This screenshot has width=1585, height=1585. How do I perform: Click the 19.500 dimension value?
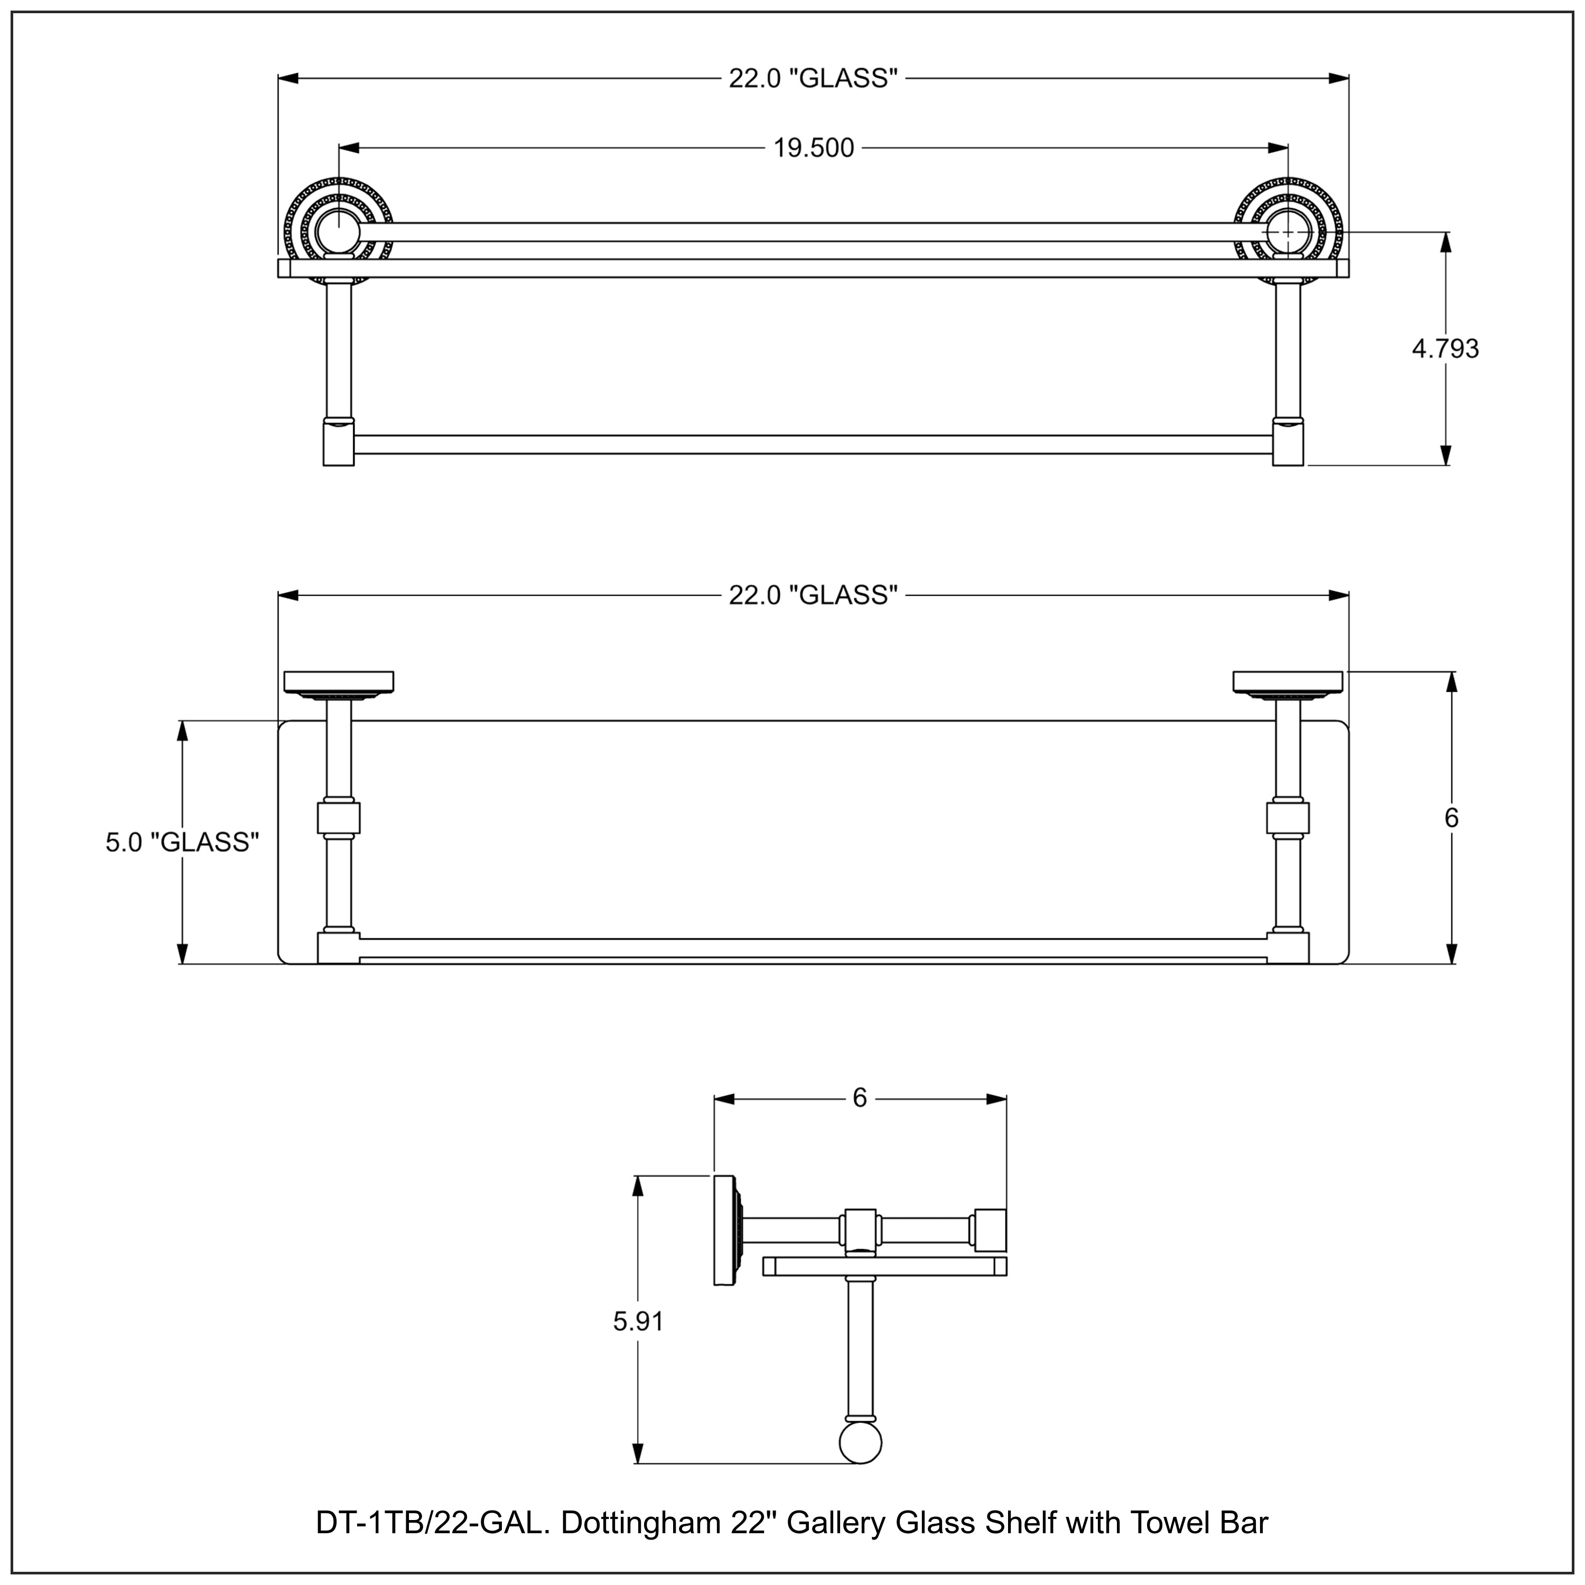[813, 148]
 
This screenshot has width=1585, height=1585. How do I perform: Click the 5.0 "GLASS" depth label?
[182, 843]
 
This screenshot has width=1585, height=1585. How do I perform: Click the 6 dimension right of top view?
[1451, 818]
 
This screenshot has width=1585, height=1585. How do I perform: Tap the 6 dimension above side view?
[859, 1098]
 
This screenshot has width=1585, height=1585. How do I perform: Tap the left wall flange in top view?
[338, 682]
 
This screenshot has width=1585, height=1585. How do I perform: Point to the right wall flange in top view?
[1287, 682]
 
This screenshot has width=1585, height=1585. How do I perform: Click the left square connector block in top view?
[338, 818]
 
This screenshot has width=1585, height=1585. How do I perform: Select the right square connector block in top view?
[1287, 818]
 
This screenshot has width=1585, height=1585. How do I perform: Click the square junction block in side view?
[860, 1230]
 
